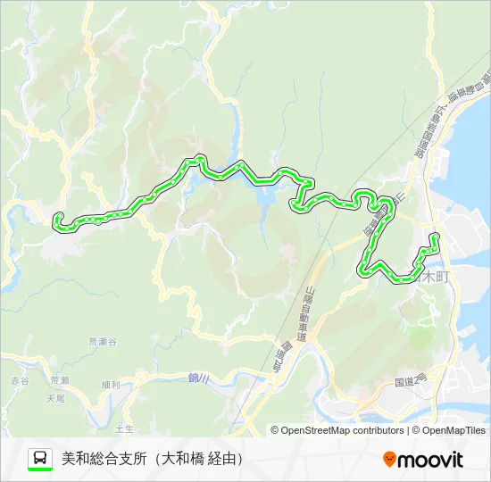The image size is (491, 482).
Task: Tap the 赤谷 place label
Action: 21,381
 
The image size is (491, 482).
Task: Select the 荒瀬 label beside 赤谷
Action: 59,381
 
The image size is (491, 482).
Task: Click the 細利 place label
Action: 112,385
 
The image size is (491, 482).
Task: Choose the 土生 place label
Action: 125,429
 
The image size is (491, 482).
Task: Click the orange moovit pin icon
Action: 389,460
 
